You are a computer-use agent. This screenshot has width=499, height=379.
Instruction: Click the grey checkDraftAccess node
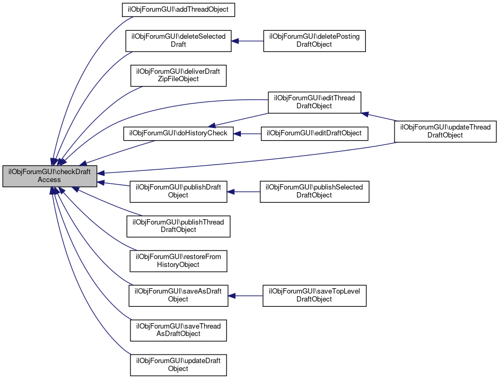[x=49, y=176]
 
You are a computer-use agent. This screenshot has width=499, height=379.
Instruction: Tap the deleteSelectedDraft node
[x=178, y=40]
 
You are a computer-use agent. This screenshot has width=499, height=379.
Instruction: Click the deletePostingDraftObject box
[x=314, y=40]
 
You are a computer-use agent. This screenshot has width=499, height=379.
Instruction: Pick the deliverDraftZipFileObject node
[x=178, y=75]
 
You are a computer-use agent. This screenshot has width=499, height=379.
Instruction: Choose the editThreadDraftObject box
[x=314, y=102]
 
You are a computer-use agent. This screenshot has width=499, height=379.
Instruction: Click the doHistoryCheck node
[x=178, y=133]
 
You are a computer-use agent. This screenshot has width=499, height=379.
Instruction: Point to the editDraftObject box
[x=314, y=133]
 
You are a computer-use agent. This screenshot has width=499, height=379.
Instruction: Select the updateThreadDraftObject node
[x=445, y=131]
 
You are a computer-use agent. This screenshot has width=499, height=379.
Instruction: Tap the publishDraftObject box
[x=178, y=191]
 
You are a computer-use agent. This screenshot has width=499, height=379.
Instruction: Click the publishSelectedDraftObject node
[x=314, y=191]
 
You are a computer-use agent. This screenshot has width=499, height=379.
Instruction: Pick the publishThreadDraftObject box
[x=178, y=226]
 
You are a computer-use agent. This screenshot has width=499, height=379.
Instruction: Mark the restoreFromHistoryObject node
[x=178, y=261]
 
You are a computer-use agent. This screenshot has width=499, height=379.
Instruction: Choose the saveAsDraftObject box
[x=178, y=295]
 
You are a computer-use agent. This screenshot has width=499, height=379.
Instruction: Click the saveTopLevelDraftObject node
[x=314, y=295]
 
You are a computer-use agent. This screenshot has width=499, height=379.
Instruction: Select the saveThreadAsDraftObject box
[x=178, y=330]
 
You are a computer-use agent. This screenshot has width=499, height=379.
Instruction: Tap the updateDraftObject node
[x=178, y=365]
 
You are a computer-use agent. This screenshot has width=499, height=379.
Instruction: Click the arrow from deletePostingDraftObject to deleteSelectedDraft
[x=247, y=40]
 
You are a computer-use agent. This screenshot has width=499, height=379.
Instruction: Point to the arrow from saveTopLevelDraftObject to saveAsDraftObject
[x=246, y=295]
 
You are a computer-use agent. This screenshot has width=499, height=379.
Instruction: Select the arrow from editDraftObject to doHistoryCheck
[x=247, y=133]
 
